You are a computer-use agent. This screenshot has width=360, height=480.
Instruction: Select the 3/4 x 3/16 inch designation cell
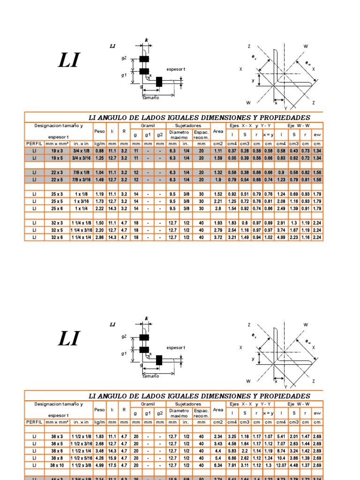pos(81,158)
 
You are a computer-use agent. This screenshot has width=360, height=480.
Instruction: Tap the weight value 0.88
pos(99,150)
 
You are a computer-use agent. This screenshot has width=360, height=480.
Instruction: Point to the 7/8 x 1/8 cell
pos(81,172)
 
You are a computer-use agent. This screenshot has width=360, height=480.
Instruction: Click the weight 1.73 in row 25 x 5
pos(99,201)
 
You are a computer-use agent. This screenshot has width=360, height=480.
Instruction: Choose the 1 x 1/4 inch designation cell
pos(81,208)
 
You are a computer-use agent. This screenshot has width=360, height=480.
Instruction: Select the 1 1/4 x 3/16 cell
pos(81,230)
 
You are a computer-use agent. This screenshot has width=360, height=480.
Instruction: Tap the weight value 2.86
pos(99,238)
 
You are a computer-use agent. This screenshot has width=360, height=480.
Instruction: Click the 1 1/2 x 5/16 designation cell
pos(81,457)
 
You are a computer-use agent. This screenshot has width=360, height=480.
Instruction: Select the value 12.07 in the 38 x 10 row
pos(281,465)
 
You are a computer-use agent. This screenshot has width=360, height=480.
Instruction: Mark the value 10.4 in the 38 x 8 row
pos(281,457)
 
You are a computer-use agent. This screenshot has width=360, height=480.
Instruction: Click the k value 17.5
pos(112,465)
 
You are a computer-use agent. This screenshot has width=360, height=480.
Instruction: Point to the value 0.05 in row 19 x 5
pos(232,158)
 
